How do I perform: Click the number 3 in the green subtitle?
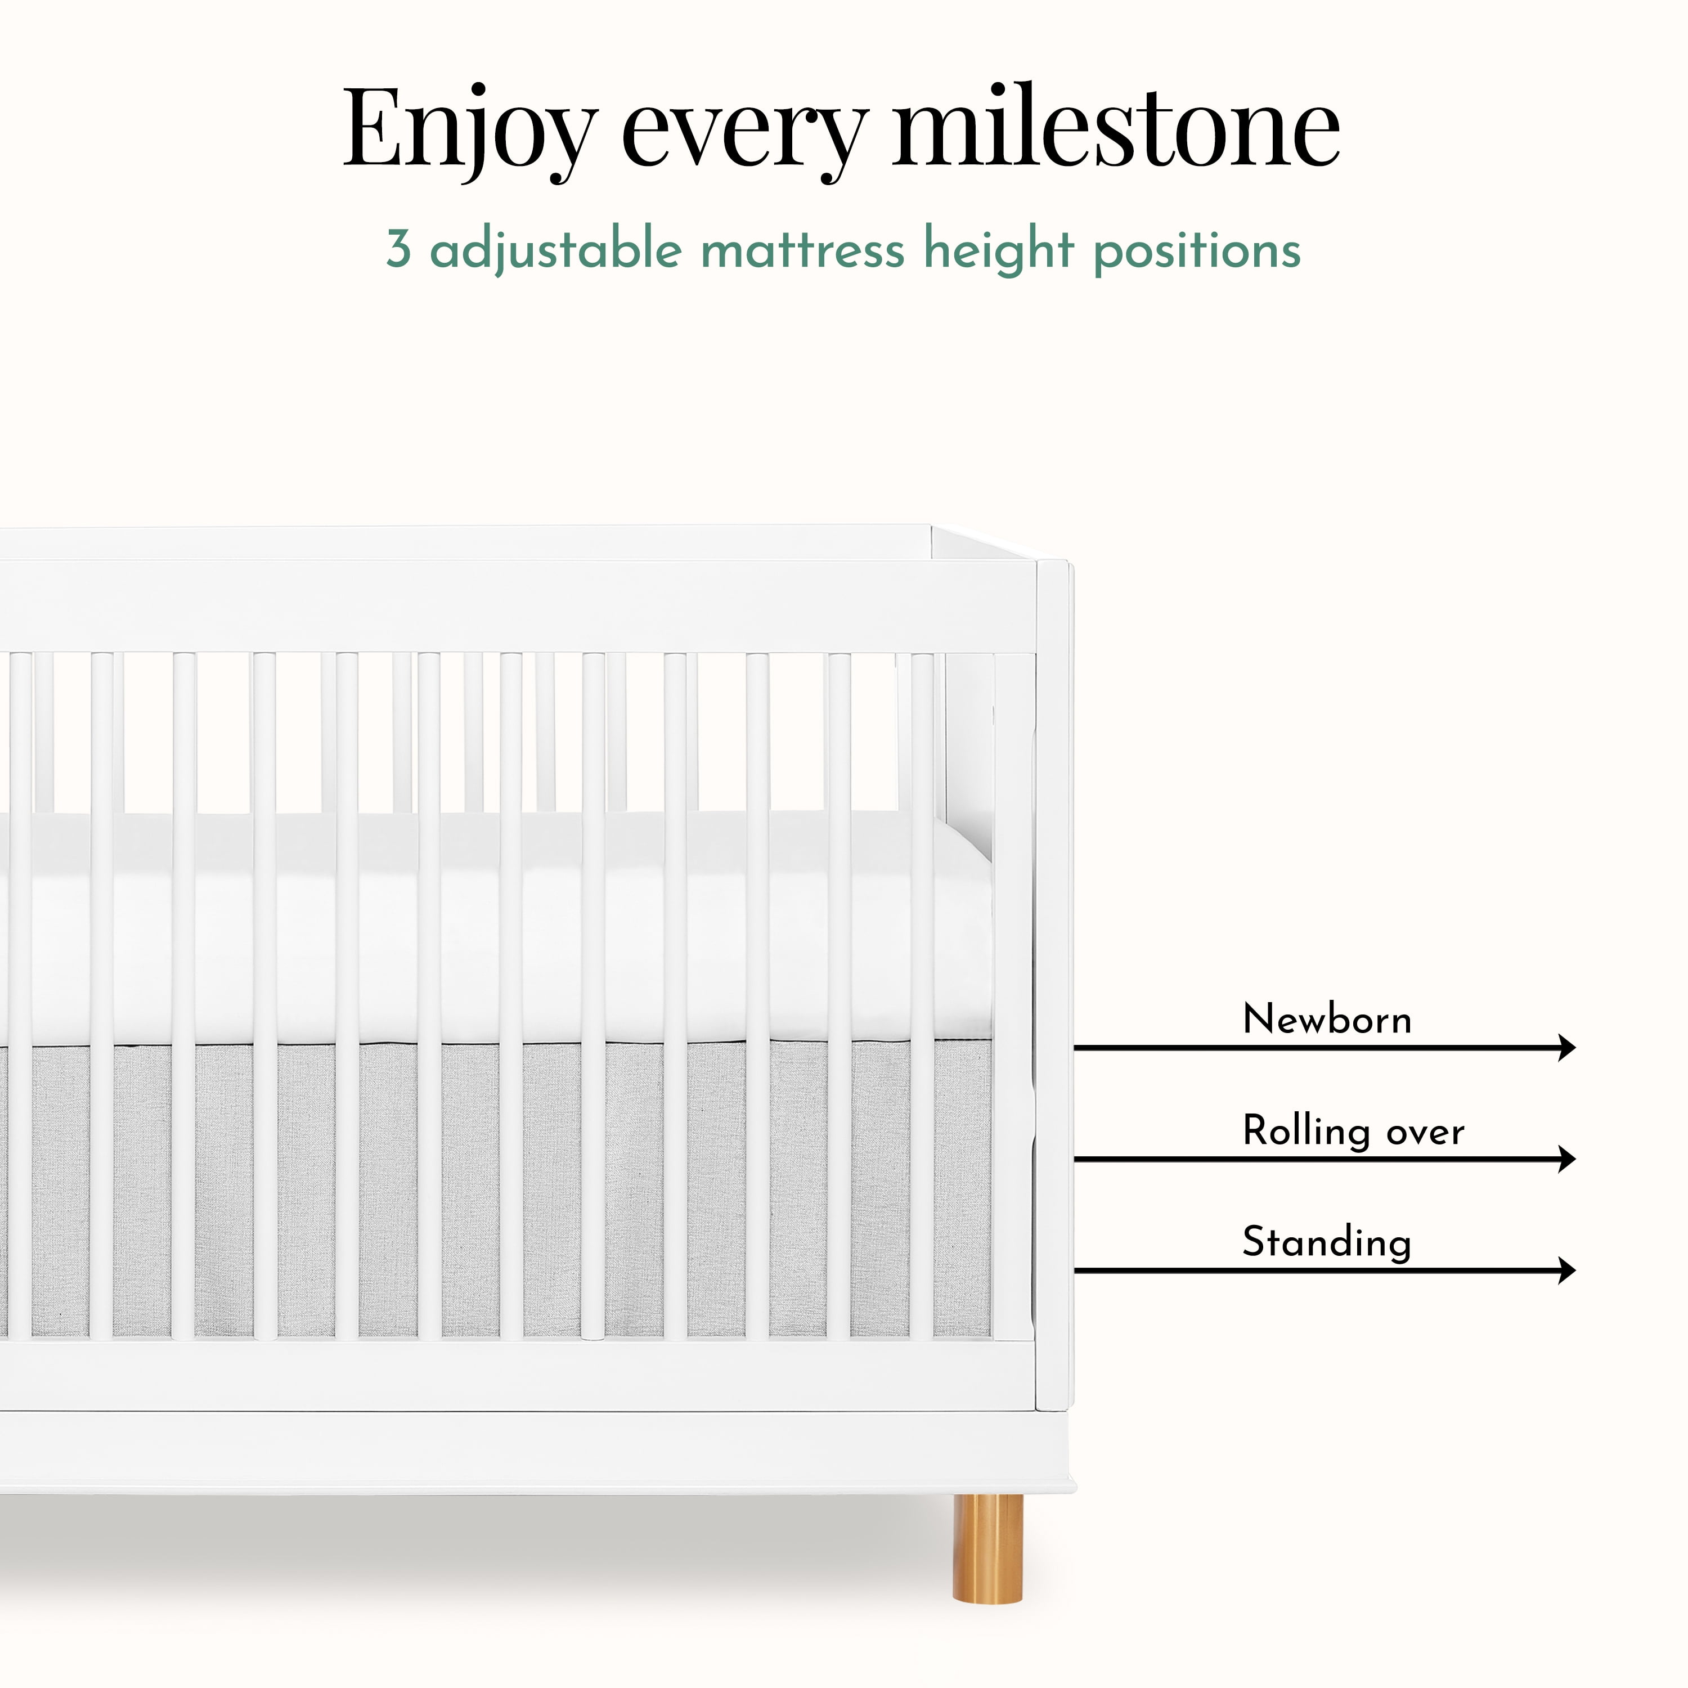point(398,249)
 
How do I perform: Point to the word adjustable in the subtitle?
point(556,251)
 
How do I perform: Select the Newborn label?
point(1326,1019)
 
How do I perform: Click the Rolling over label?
point(1353,1132)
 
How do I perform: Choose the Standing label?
point(1326,1242)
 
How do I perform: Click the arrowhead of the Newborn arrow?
point(1568,1047)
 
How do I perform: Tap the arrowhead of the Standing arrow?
point(1568,1269)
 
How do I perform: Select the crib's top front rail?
point(518,607)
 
